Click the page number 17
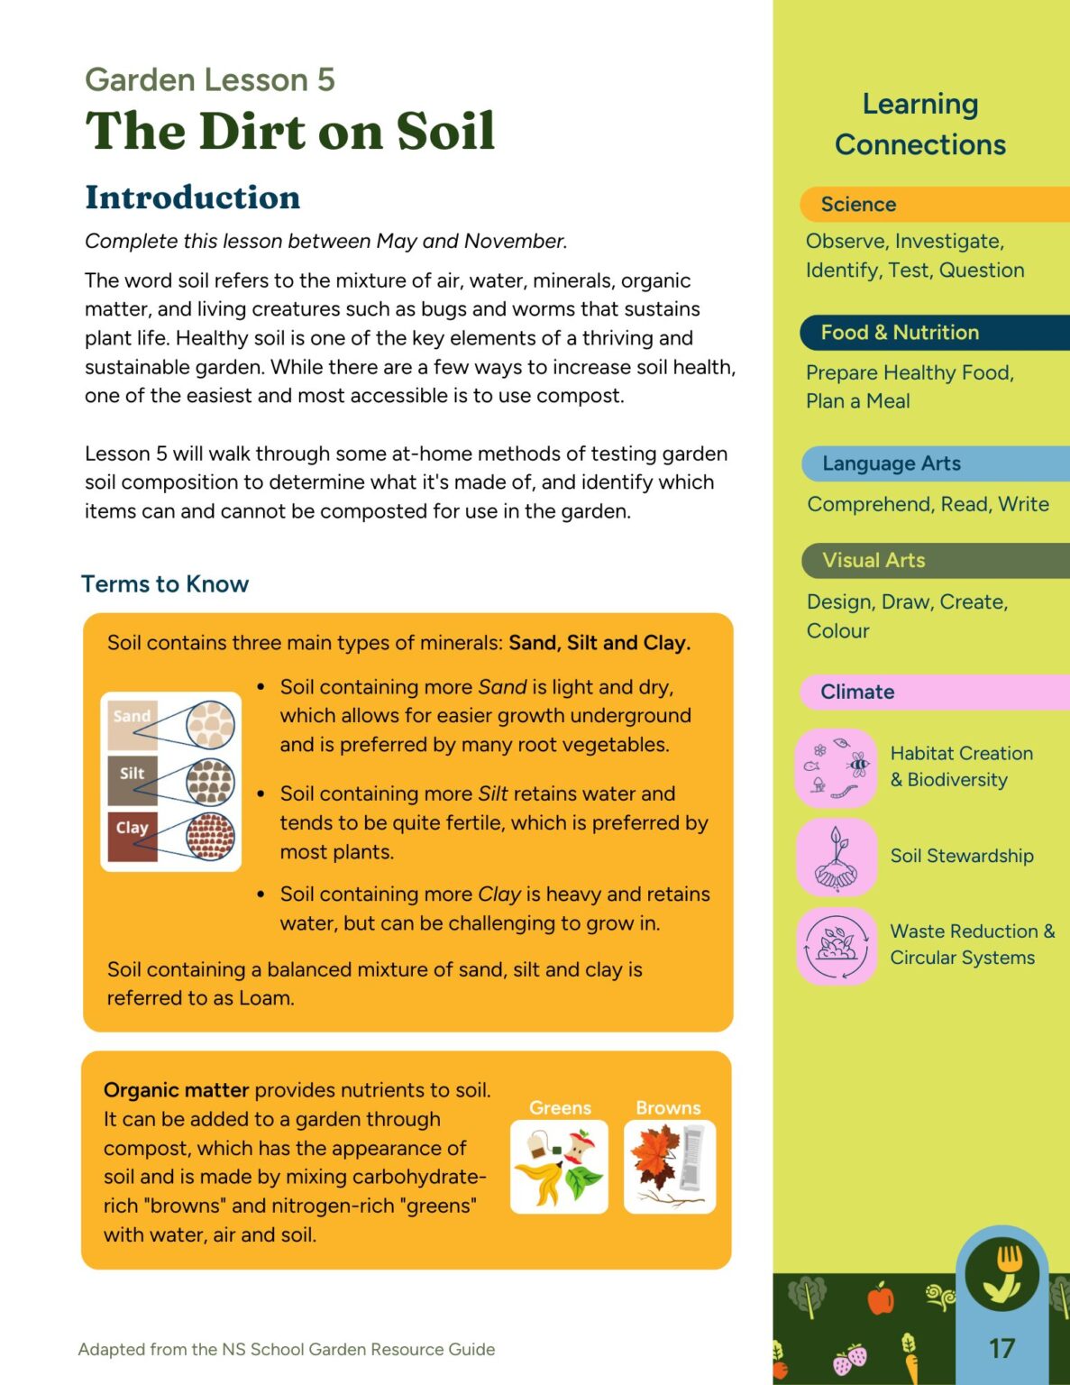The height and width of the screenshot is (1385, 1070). coord(1001,1348)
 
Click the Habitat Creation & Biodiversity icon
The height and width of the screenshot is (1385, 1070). coord(837,767)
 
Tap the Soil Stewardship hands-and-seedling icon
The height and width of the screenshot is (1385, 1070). coord(837,857)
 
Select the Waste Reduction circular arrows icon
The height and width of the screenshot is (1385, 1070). coord(837,946)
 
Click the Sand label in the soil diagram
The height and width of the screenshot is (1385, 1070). coord(132,717)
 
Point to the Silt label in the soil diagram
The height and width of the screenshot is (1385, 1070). coord(132,773)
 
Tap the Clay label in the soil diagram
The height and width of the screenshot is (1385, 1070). coord(132,827)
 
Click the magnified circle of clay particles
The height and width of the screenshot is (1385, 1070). coord(210,836)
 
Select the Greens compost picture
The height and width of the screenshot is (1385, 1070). coord(559,1167)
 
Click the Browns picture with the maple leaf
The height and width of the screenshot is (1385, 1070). coord(669,1167)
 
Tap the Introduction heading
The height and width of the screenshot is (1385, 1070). coord(192,197)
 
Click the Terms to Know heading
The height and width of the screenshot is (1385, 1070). coord(165,584)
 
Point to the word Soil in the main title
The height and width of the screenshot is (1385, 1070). coord(445,132)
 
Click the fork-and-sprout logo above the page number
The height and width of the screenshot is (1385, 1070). coord(1001,1274)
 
